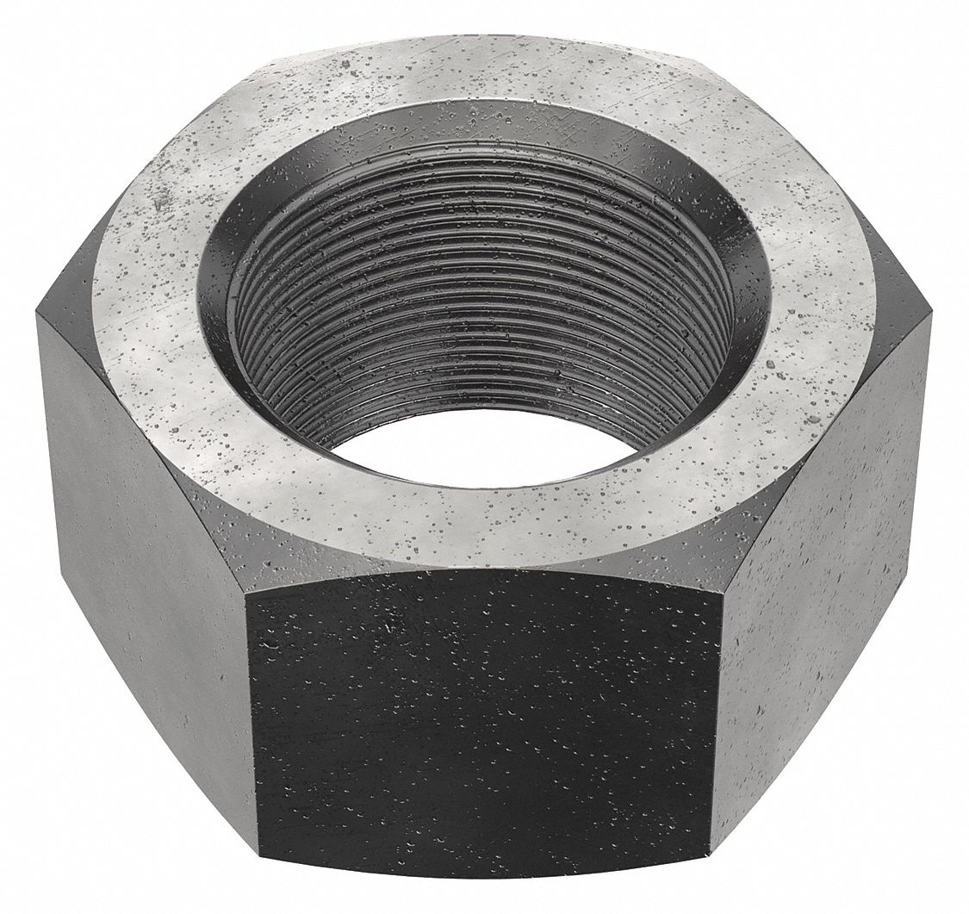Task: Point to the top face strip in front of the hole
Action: pos(482,525)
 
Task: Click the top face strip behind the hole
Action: pos(482,95)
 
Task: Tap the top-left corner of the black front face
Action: pos(250,594)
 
